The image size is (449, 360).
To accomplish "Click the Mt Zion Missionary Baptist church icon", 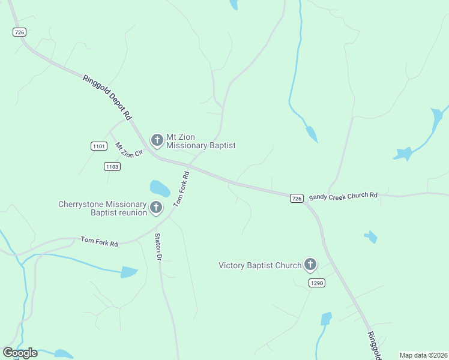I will tap(157, 141).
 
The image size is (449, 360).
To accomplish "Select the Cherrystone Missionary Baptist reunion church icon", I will tap(155, 208).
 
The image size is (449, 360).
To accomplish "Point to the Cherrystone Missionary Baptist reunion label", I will tap(102, 208).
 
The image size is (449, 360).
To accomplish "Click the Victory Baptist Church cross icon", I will tap(310, 264).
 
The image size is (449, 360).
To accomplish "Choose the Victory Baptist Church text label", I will tap(260, 265).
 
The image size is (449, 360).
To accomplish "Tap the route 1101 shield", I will tap(99, 146).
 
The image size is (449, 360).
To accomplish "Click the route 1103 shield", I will tap(112, 166).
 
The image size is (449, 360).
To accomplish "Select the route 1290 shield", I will tap(317, 283).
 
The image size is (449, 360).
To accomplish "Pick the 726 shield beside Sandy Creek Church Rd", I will tap(297, 198).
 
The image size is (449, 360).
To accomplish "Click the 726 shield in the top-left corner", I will tap(19, 33).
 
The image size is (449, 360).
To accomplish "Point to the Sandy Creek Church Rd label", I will tap(343, 196).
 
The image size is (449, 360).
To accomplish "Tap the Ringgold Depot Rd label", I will tap(107, 98).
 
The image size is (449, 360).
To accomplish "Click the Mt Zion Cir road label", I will tap(129, 150).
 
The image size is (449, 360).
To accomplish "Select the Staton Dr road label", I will tap(159, 247).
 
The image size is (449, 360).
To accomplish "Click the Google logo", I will tap(20, 353).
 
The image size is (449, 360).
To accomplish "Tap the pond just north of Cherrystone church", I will tap(159, 188).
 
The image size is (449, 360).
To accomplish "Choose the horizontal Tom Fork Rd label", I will tap(99, 241).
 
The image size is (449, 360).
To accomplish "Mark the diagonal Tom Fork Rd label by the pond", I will tap(181, 189).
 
